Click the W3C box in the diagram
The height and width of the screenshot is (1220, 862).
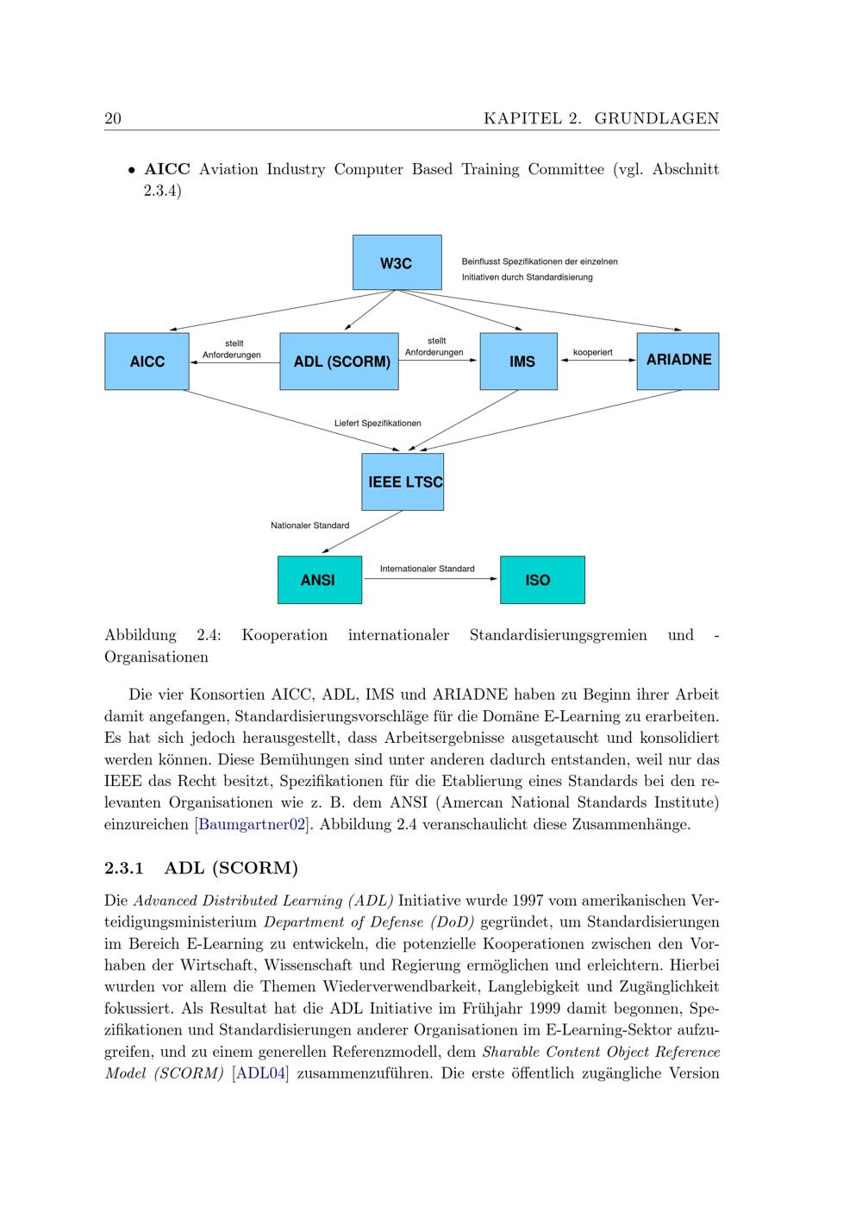pyautogui.click(x=397, y=262)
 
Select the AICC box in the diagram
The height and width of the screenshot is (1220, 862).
pyautogui.click(x=147, y=362)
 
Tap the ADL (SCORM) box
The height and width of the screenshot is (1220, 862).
pyautogui.click(x=340, y=362)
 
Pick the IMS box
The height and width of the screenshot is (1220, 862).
pyautogui.click(x=519, y=362)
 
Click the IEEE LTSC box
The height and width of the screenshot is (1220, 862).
pyautogui.click(x=403, y=481)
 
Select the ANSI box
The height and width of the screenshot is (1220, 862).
pyautogui.click(x=319, y=580)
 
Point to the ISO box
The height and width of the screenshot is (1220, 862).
pyautogui.click(x=542, y=580)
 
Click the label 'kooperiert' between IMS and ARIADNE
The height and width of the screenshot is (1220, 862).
pyautogui.click(x=593, y=352)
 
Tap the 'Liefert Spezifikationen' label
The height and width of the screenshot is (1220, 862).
pyautogui.click(x=378, y=423)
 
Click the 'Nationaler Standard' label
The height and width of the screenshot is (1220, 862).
pyautogui.click(x=309, y=525)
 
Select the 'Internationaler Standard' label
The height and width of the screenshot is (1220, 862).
pyautogui.click(x=427, y=569)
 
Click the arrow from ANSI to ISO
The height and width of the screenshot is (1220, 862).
pyautogui.click(x=430, y=579)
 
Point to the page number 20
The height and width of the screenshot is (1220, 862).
pyautogui.click(x=113, y=119)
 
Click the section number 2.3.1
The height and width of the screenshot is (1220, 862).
pyautogui.click(x=124, y=867)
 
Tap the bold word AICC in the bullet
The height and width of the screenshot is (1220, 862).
pyautogui.click(x=167, y=169)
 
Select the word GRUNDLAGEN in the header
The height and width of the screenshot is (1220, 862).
pyautogui.click(x=657, y=119)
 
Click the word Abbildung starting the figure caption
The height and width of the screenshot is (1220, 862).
pyautogui.click(x=140, y=635)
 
